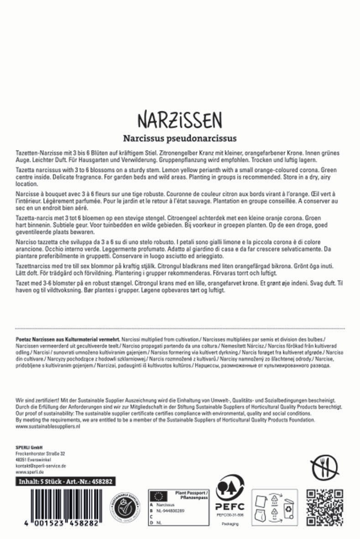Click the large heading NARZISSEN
179,120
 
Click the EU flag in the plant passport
158,496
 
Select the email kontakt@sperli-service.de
41,466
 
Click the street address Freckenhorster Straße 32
40,454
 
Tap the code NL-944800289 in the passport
172,512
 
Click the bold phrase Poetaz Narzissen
36,340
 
